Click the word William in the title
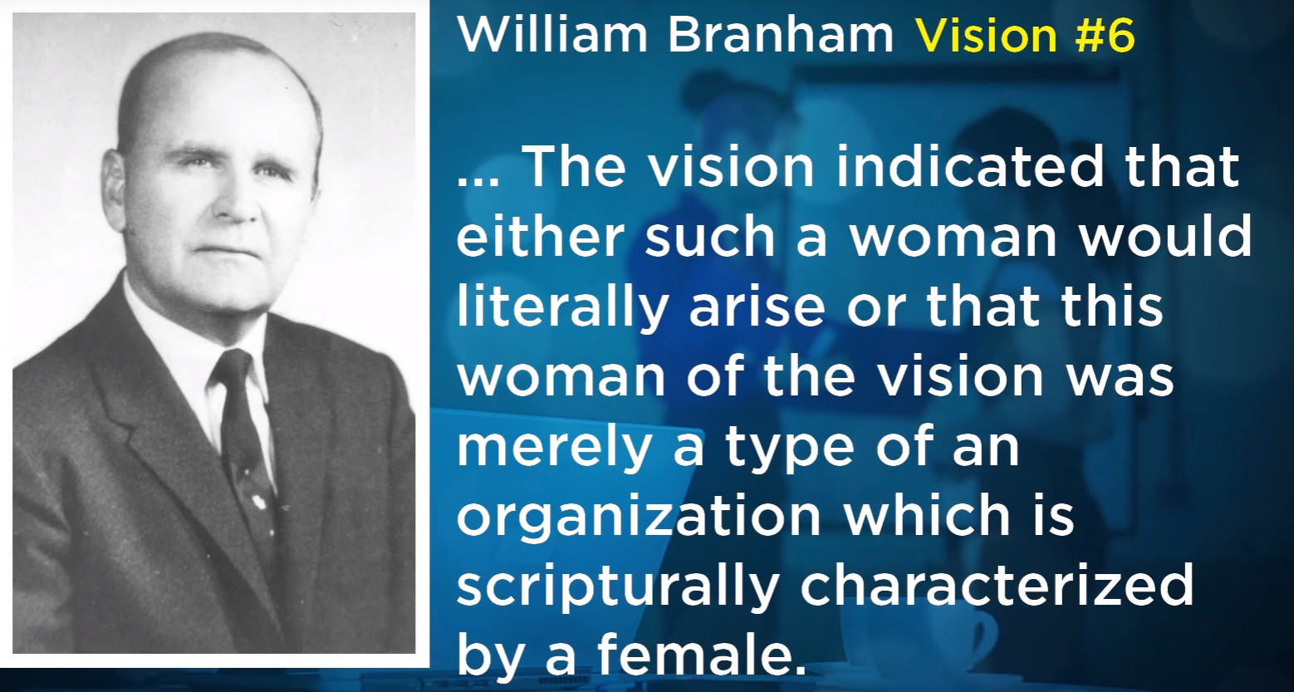click(x=552, y=35)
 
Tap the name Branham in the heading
click(x=781, y=35)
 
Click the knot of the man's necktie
click(x=231, y=371)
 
